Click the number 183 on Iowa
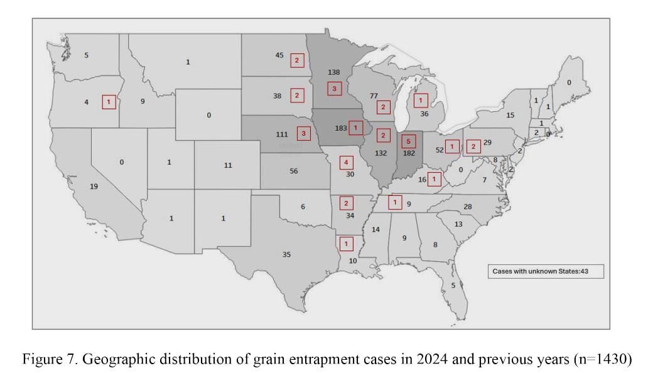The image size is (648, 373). (x=341, y=128)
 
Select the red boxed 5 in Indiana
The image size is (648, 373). (x=408, y=141)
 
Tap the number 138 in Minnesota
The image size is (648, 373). (x=333, y=72)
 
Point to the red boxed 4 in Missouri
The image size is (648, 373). (x=347, y=163)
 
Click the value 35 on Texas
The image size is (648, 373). (x=286, y=254)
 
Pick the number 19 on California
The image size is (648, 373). (x=94, y=186)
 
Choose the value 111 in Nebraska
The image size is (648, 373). (x=282, y=134)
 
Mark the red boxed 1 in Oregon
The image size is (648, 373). (x=109, y=102)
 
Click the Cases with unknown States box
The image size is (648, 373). (x=546, y=271)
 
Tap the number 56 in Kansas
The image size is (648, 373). (x=293, y=171)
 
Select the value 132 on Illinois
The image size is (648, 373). (x=381, y=153)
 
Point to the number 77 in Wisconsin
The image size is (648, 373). (x=374, y=96)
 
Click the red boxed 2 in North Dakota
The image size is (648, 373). (x=297, y=60)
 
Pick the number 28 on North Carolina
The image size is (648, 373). (x=467, y=207)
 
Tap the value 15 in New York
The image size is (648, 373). (x=510, y=116)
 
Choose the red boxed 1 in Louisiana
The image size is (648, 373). (x=347, y=243)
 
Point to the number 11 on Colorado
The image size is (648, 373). (x=228, y=165)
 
